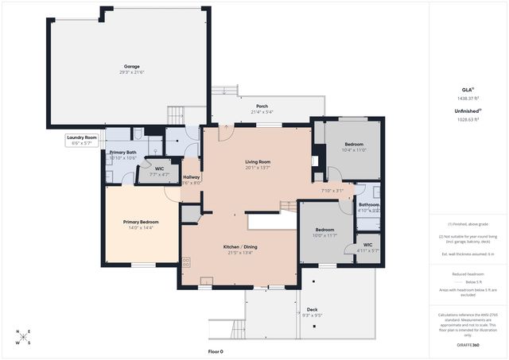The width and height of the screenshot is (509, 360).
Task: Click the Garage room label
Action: coord(132,67)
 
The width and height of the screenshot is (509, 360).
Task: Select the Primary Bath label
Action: coord(122,152)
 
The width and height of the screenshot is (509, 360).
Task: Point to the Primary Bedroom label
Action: coord(141,222)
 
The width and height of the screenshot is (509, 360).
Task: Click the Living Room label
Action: coord(258,161)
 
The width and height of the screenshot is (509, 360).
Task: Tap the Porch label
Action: coord(262,106)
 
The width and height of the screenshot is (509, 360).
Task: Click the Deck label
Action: coord(312,309)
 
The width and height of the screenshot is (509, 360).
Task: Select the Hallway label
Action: coord(192,177)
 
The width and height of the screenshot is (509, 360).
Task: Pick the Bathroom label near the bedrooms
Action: coord(368,205)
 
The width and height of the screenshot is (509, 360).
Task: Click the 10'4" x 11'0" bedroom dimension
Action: coord(353,149)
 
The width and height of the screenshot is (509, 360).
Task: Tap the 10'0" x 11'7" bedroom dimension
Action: coord(324,235)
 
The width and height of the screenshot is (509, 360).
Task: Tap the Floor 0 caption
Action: coord(216,351)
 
